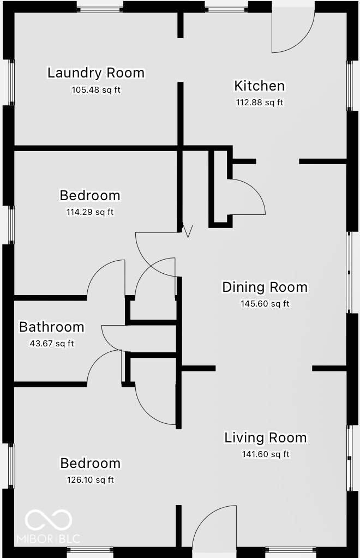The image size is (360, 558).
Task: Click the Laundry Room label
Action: click(x=96, y=73)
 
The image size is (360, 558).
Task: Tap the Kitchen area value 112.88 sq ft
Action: click(x=260, y=103)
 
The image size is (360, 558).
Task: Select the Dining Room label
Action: click(x=265, y=287)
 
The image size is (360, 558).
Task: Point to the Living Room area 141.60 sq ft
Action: click(x=266, y=454)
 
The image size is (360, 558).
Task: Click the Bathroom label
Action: click(x=52, y=327)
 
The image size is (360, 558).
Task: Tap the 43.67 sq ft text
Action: click(x=51, y=344)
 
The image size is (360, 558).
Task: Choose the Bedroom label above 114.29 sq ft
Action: click(x=90, y=195)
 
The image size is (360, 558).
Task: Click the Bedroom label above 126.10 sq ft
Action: click(x=90, y=463)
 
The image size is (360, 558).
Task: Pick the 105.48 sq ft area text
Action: click(x=96, y=89)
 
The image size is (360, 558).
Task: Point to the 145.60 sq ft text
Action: click(x=265, y=304)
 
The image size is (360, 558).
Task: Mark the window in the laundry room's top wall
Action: click(x=99, y=8)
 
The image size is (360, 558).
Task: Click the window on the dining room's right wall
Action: click(x=350, y=272)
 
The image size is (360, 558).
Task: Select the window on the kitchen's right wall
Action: click(x=350, y=85)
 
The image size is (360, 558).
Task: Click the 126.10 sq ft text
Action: click(x=90, y=480)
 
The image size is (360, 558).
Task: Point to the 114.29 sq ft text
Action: click(x=90, y=212)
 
